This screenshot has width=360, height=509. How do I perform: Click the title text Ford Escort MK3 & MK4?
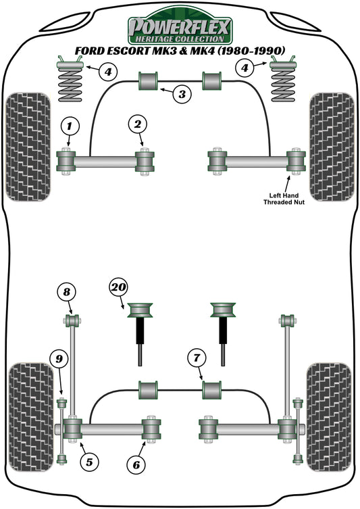point(180,51)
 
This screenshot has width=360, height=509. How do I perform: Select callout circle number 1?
point(68,124)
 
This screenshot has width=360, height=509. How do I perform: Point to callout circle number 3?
point(181,94)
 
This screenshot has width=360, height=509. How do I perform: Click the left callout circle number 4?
point(109,70)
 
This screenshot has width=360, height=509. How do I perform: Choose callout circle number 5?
point(88,462)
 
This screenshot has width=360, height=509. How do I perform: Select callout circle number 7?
point(195,356)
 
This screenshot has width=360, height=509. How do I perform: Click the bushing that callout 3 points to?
point(148,81)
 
